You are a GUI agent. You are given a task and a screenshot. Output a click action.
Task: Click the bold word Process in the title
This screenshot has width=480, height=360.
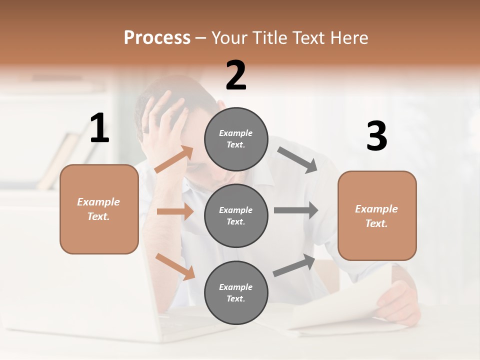157,38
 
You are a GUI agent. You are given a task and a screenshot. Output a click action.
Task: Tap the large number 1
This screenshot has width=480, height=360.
99,128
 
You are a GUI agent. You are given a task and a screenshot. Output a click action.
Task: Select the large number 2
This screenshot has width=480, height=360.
236,75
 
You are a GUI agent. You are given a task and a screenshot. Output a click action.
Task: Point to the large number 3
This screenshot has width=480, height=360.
376,136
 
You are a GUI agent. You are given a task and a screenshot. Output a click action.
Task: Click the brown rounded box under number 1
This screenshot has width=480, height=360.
99,209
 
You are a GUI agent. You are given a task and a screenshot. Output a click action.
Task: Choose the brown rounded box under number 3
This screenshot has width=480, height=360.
377,216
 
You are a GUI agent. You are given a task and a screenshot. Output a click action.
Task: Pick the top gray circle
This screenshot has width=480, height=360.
236,139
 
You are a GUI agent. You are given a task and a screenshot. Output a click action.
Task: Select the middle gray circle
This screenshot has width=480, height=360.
236,215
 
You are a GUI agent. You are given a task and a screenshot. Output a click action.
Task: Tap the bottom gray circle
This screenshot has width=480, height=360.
236,292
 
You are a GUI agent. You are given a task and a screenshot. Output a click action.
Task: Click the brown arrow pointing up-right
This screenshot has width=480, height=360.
174,159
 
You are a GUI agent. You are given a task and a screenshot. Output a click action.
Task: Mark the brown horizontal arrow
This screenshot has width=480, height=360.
175,212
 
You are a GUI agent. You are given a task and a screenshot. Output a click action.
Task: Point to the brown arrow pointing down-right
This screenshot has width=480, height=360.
175,266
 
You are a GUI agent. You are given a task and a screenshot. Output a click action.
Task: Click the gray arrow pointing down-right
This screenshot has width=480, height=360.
297,160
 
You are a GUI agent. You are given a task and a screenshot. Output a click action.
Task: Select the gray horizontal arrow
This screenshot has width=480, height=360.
296,210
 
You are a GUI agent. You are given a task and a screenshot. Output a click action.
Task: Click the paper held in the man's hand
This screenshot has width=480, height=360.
345,305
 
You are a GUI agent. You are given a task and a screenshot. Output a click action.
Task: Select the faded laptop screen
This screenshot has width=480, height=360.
75,280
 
